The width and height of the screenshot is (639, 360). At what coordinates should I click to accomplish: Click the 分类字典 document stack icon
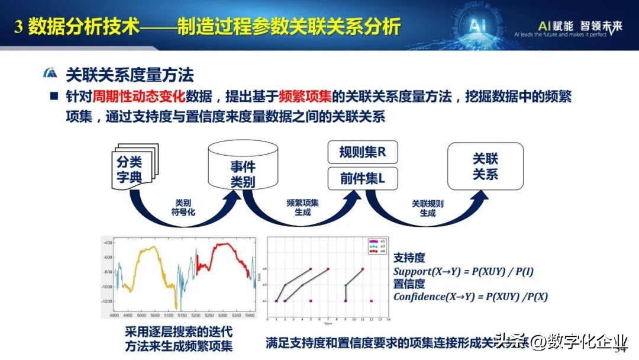131,169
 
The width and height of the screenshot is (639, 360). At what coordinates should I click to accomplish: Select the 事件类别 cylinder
243,168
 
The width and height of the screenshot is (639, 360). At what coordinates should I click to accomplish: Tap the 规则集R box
362,152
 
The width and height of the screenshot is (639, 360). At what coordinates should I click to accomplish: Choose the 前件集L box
362,178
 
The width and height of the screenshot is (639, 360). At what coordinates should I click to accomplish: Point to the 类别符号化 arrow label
183,207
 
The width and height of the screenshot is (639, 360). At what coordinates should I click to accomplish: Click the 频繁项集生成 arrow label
302,207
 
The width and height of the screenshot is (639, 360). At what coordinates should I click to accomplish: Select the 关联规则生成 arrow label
427,207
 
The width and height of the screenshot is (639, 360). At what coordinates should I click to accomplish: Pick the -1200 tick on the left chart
106,301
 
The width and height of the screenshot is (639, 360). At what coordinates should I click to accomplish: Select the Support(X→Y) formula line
464,272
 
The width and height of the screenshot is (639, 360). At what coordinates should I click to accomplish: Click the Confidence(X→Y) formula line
470,297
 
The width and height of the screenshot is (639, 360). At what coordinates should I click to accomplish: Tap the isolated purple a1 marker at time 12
371,301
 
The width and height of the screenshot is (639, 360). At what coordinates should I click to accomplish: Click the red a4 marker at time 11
362,269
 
